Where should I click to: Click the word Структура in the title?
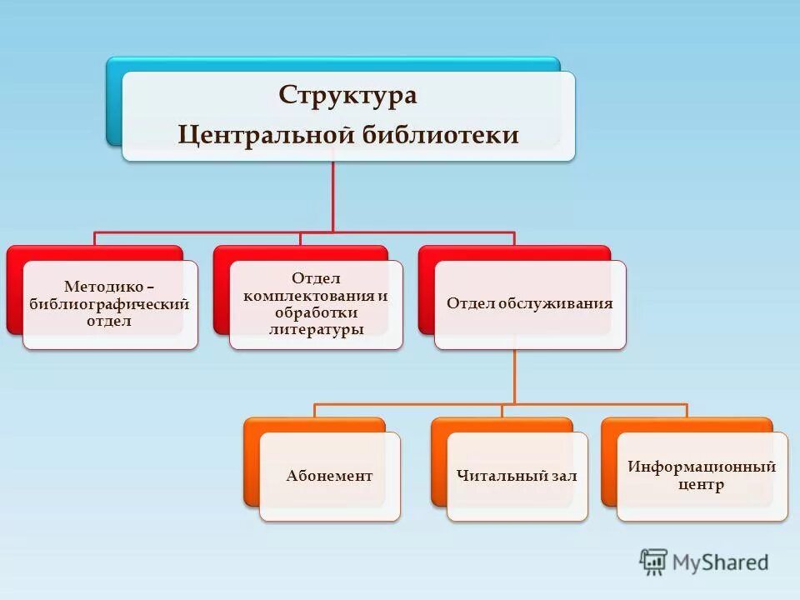pyautogui.click(x=347, y=94)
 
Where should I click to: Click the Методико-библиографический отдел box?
pyautogui.click(x=110, y=305)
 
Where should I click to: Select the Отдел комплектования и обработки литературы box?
pyautogui.click(x=316, y=305)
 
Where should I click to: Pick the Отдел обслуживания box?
pyautogui.click(x=529, y=305)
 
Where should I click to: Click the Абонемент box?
pyautogui.click(x=329, y=477)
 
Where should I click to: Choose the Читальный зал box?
pyautogui.click(x=517, y=477)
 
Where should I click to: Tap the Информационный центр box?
pyautogui.click(x=702, y=477)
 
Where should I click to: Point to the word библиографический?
pyautogui.click(x=110, y=304)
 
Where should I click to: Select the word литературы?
pyautogui.click(x=316, y=330)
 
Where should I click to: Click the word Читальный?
pyautogui.click(x=496, y=477)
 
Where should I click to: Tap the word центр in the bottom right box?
pyautogui.click(x=702, y=485)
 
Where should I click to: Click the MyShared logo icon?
pyautogui.click(x=654, y=562)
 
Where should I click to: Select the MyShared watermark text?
pyautogui.click(x=721, y=562)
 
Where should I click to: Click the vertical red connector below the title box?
pyautogui.click(x=333, y=196)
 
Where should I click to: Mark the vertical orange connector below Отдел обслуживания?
pyautogui.click(x=515, y=375)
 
